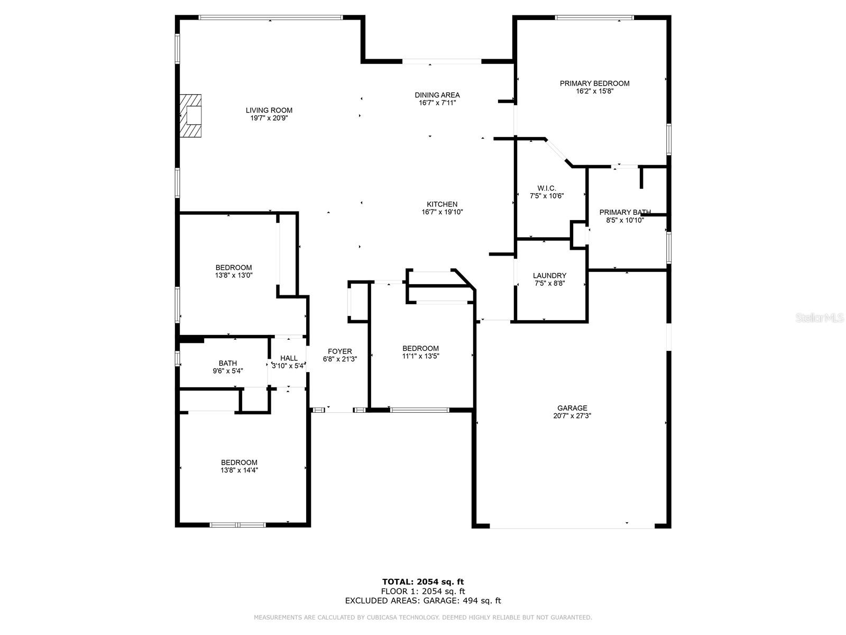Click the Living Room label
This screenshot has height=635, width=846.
click(269, 110)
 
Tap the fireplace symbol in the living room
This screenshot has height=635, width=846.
click(190, 116)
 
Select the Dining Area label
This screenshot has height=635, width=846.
click(437, 95)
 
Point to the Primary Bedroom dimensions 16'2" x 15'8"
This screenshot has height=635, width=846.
click(595, 92)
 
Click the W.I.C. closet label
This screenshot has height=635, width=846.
click(547, 188)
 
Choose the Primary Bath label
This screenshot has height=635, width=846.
click(625, 212)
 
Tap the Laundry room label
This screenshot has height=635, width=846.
click(549, 276)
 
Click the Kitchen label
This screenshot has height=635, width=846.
click(442, 204)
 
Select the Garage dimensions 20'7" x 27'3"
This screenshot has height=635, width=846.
click(572, 416)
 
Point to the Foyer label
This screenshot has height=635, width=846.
click(339, 351)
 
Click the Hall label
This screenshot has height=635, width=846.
click(289, 358)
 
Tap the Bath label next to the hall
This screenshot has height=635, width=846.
click(228, 363)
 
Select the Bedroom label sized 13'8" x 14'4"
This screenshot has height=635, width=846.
click(239, 462)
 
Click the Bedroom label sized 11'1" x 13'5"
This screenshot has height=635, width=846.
click(420, 348)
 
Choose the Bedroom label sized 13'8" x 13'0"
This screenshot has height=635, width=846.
click(234, 268)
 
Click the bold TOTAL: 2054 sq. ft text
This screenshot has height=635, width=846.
click(423, 582)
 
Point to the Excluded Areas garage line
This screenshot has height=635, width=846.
click(423, 600)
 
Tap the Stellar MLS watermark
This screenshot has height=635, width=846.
click(819, 318)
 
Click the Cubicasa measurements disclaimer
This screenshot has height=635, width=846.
click(423, 617)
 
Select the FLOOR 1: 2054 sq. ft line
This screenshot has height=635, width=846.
click(423, 591)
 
